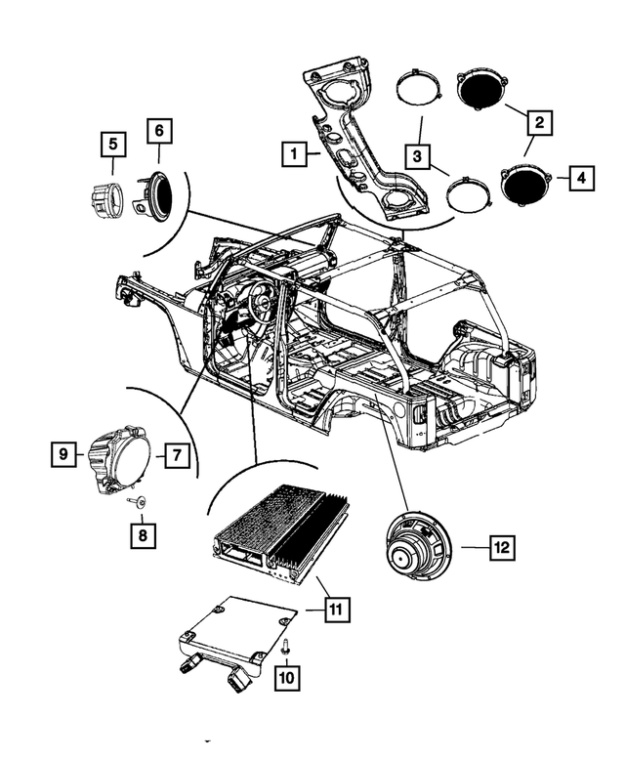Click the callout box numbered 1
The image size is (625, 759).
pyautogui.click(x=290, y=153)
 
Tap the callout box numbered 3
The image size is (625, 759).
pyautogui.click(x=417, y=155)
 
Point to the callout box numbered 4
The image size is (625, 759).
pyautogui.click(x=580, y=179)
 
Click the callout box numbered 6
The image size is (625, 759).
pyautogui.click(x=159, y=131)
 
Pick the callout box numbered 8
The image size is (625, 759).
pyautogui.click(x=144, y=534)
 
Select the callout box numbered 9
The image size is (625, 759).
pyautogui.click(x=63, y=453)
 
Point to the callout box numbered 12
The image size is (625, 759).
pyautogui.click(x=500, y=548)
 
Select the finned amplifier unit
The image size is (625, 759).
pyautogui.click(x=279, y=531)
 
